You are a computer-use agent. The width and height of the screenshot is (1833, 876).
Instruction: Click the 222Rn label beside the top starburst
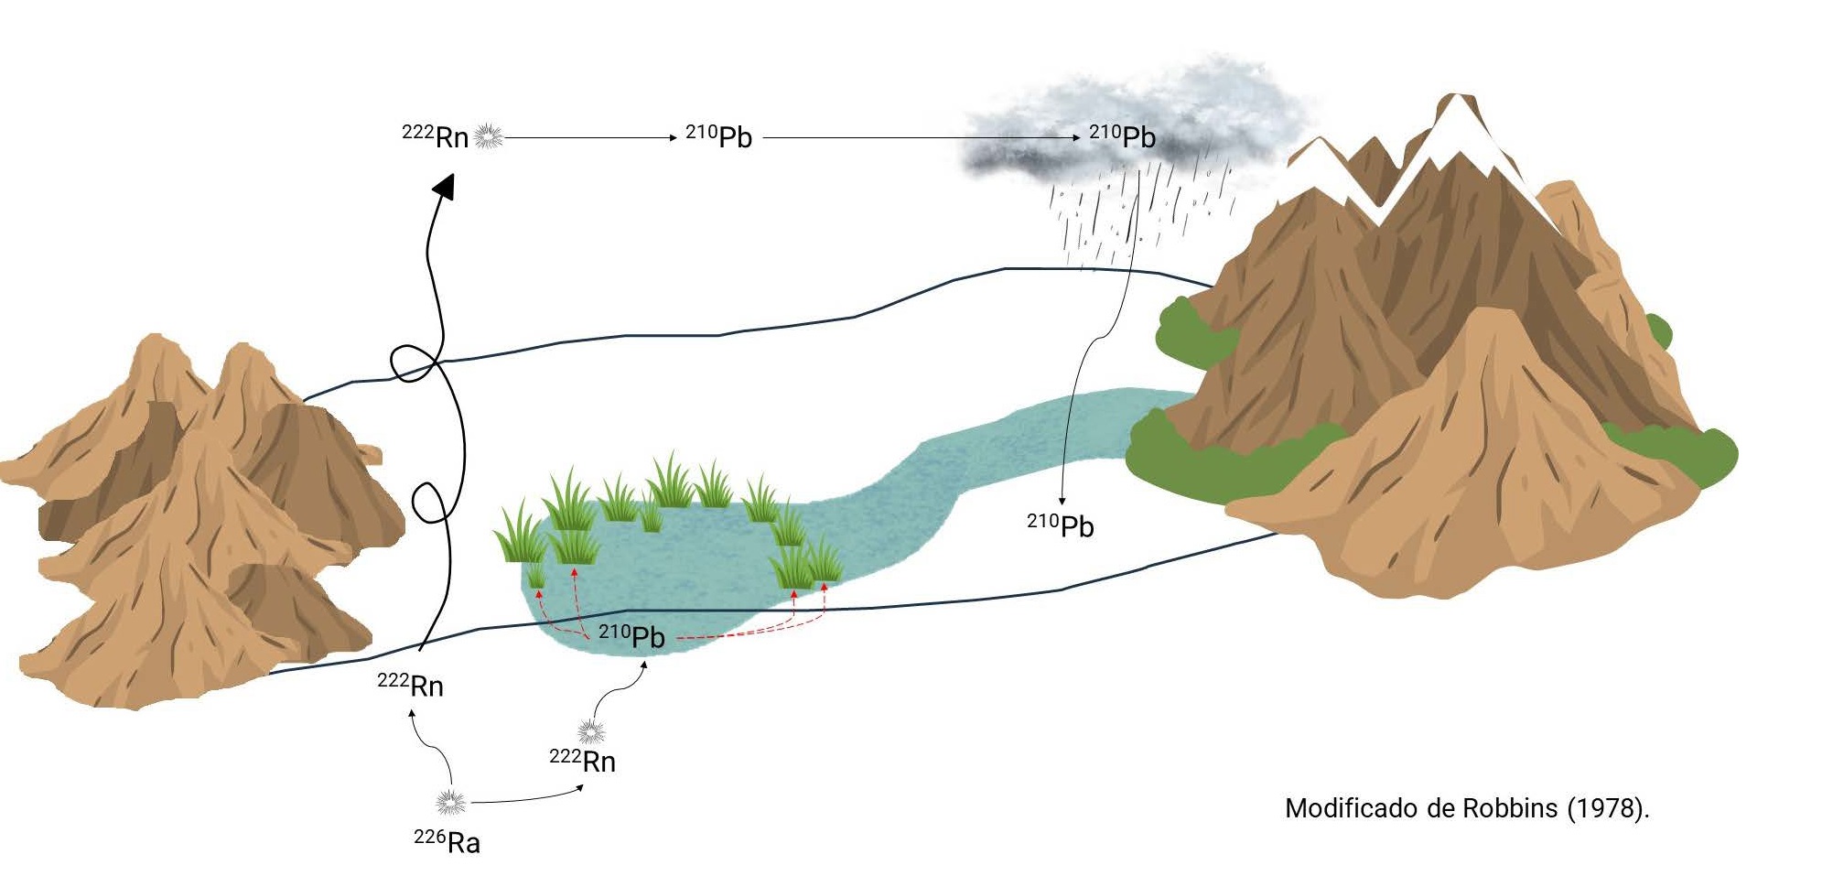(x=436, y=137)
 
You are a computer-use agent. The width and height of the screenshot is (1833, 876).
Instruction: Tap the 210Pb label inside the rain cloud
(x=1123, y=137)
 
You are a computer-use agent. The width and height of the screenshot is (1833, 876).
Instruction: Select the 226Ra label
(x=447, y=841)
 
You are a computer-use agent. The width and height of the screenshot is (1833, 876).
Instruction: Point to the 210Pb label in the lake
(x=631, y=636)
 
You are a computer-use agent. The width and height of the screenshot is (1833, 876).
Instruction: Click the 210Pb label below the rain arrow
(x=1061, y=525)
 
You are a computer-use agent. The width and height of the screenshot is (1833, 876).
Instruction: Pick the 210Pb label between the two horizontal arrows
(x=719, y=137)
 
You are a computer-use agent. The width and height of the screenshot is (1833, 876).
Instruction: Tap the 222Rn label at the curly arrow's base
(x=411, y=685)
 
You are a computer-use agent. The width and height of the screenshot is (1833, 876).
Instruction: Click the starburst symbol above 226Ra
(x=450, y=803)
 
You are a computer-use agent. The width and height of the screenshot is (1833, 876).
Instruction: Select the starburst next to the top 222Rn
(x=489, y=136)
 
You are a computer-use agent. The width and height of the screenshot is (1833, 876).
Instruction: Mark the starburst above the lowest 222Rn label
(x=591, y=731)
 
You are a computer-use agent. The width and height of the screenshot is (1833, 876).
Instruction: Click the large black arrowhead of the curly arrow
(x=445, y=187)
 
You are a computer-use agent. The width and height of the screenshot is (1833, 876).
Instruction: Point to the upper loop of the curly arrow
(x=414, y=362)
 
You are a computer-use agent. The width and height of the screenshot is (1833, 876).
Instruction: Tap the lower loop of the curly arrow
(x=430, y=503)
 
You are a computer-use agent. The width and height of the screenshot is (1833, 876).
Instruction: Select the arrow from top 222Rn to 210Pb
(x=590, y=137)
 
